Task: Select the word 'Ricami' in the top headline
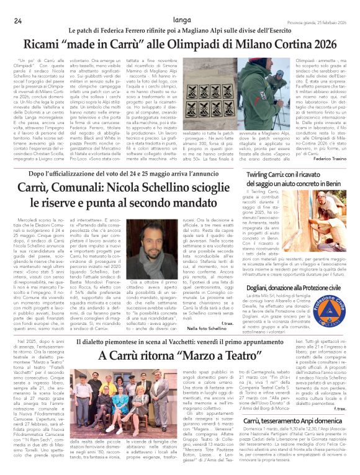(x=44, y=45)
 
